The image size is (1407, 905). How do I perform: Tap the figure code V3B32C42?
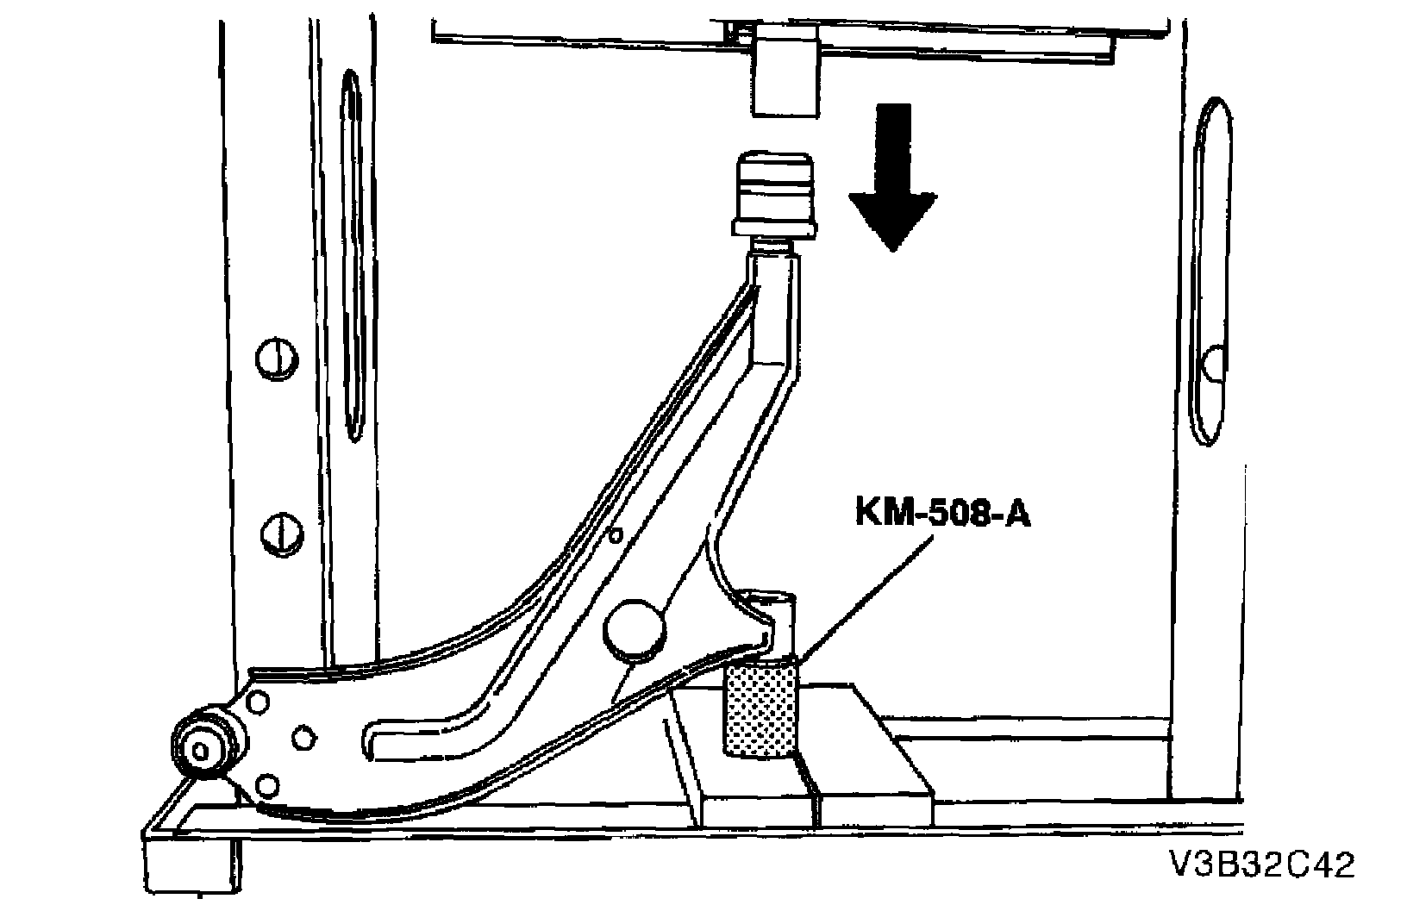coord(1261,865)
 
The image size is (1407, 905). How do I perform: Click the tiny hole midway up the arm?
coord(615,535)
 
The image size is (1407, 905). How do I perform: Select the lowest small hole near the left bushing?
coord(268,784)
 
